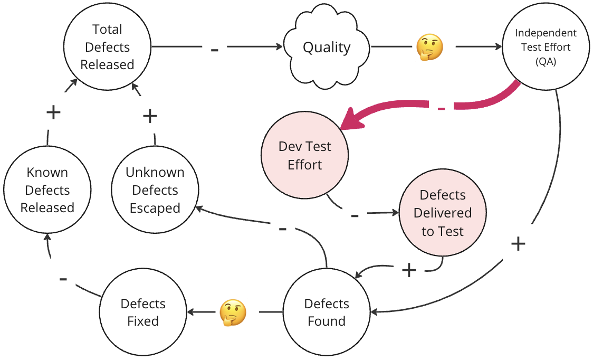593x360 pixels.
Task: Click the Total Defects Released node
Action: click(x=107, y=47)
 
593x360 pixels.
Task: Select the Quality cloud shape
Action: click(x=327, y=47)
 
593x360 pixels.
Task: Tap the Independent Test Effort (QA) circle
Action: click(x=546, y=47)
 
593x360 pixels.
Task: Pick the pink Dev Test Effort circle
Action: click(x=305, y=156)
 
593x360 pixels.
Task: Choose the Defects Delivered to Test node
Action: click(x=442, y=213)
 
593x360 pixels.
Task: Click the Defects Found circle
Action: click(x=327, y=312)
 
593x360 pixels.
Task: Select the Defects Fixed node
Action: click(x=143, y=312)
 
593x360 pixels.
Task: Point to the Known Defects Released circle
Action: click(x=47, y=190)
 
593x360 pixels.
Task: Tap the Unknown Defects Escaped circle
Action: click(x=155, y=190)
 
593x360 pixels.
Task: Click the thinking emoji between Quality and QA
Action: click(x=429, y=48)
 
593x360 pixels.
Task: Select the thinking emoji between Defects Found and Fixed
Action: click(x=233, y=312)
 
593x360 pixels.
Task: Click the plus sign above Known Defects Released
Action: click(x=53, y=112)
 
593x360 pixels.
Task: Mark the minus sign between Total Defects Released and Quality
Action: click(x=214, y=50)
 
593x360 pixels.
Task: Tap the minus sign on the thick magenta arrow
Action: click(x=442, y=108)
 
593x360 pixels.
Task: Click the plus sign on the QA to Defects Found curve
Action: click(x=518, y=243)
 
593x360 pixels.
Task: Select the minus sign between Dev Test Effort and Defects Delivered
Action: click(x=355, y=215)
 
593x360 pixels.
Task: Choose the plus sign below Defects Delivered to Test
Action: click(x=409, y=270)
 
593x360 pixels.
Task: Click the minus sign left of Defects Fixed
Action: click(x=63, y=278)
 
